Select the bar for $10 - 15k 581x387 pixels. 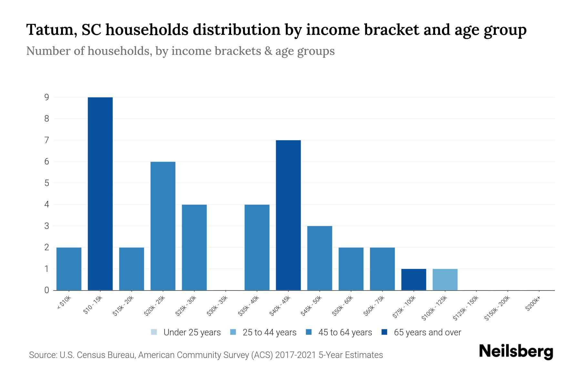click(100, 193)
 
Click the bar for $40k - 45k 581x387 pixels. click(288, 215)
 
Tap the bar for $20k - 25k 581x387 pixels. click(163, 226)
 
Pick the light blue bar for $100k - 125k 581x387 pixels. click(445, 280)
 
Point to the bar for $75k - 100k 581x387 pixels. click(413, 280)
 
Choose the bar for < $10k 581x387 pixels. click(69, 269)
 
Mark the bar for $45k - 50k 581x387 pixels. click(320, 258)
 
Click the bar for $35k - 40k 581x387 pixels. click(257, 247)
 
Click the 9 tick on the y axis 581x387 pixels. click(47, 97)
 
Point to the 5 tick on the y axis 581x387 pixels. click(47, 183)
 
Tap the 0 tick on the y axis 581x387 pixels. click(47, 290)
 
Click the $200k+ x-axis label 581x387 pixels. click(533, 303)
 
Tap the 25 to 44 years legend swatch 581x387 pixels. click(233, 332)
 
